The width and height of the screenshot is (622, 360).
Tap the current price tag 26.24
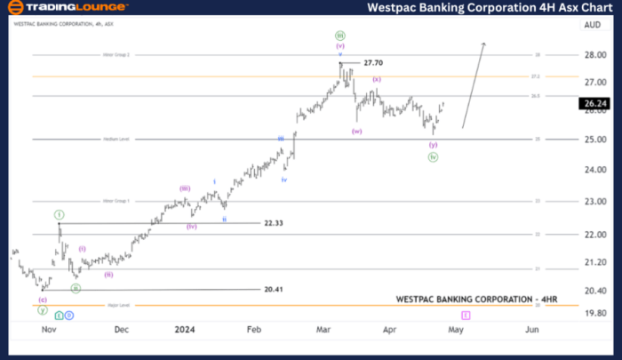tap(592, 104)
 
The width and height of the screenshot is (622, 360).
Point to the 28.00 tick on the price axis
tap(594, 55)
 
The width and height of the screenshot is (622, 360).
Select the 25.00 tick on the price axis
tap(594, 140)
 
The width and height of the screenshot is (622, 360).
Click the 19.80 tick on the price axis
tap(594, 313)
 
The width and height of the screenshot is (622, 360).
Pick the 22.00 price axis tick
tap(594, 235)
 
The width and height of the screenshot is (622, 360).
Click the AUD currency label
tap(593, 26)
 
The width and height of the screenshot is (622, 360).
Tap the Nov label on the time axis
tap(49, 329)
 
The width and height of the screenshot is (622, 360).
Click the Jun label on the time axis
tap(531, 329)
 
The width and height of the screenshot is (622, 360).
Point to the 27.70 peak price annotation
tap(372, 63)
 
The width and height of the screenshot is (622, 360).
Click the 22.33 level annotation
tap(274, 223)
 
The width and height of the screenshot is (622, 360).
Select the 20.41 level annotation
tap(275, 290)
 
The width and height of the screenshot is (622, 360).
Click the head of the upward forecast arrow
tap(483, 44)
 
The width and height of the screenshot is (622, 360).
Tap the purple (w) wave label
tap(356, 132)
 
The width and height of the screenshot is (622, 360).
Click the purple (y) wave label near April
tap(433, 144)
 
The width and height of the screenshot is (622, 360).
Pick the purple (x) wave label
tap(377, 80)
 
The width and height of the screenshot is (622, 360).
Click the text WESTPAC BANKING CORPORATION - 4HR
tap(466, 300)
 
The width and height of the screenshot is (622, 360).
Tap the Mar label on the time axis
tap(324, 329)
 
